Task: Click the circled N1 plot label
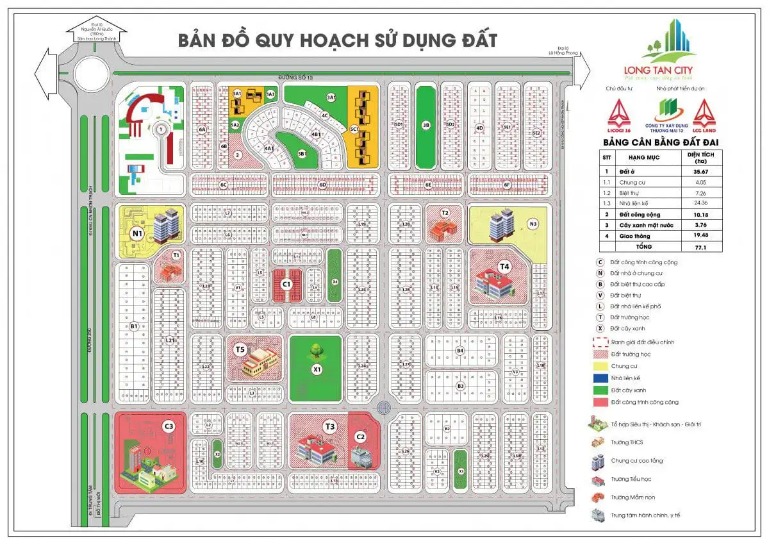136,233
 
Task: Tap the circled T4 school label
504,265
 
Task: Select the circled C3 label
169,426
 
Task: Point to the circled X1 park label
316,369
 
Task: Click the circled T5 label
240,349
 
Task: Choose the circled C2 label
360,437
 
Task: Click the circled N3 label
533,224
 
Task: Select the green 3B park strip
426,126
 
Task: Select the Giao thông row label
633,235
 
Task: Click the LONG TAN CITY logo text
657,70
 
